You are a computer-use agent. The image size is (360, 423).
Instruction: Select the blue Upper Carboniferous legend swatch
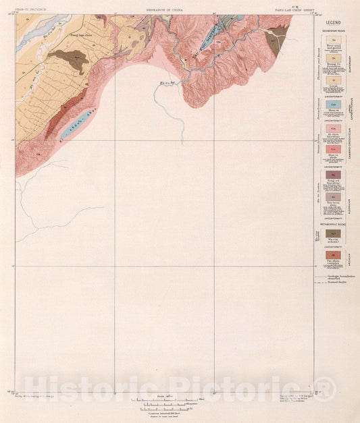click(334, 105)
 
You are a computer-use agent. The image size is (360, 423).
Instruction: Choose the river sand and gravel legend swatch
click(334, 41)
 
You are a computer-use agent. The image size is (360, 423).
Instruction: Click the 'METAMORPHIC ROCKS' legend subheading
click(334, 223)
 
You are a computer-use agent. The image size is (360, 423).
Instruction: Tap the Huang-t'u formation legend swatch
click(334, 60)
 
